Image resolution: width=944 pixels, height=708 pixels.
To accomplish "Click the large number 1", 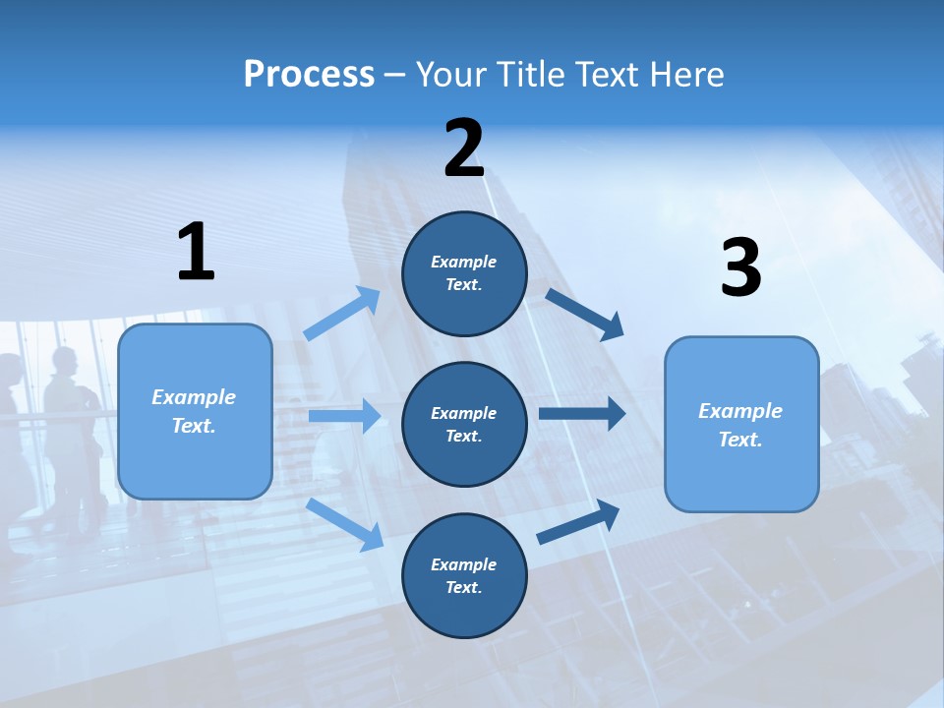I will [196, 252].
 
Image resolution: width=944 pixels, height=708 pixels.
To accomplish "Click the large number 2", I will [464, 148].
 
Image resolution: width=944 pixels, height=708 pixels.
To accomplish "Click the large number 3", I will [740, 268].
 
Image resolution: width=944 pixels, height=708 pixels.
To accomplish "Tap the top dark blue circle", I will [464, 273].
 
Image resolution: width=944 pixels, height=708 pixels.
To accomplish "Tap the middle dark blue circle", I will [464, 425].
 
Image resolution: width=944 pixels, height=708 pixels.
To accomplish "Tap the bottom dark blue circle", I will [464, 576].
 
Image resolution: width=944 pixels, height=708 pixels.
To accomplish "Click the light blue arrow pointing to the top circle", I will [342, 314].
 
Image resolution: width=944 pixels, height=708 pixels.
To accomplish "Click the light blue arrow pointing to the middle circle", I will [344, 416].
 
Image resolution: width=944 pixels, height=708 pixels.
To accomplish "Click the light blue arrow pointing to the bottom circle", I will [345, 524].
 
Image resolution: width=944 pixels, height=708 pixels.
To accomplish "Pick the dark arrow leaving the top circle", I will [585, 315].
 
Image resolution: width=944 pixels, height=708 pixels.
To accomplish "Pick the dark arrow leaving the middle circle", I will [581, 414].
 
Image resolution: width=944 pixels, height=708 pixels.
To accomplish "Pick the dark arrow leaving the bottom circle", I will [578, 522].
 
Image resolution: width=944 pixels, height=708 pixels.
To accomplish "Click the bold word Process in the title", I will [309, 74].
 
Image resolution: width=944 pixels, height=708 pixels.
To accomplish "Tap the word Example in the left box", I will [194, 397].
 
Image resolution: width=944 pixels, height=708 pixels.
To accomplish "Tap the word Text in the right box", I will [738, 440].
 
